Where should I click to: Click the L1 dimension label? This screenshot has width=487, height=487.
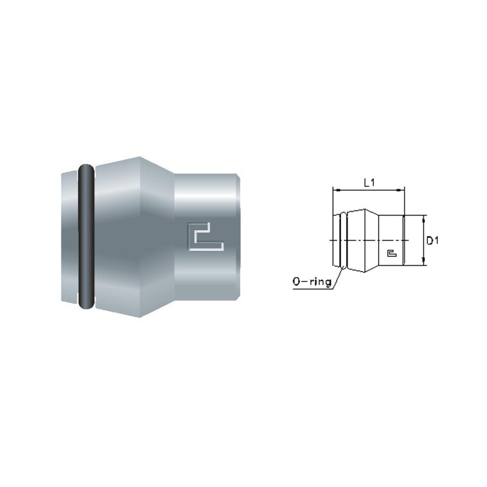(x=370, y=183)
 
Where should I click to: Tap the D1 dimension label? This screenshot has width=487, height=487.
(x=432, y=240)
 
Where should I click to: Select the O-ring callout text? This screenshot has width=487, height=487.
(x=312, y=282)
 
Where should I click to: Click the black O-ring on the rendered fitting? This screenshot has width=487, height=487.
(x=86, y=237)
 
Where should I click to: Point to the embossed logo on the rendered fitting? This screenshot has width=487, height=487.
(x=206, y=236)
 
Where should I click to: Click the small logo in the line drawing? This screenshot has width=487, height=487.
(x=392, y=253)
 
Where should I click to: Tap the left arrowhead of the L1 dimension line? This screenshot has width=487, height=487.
(x=335, y=189)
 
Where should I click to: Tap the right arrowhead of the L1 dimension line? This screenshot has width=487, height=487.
(x=402, y=189)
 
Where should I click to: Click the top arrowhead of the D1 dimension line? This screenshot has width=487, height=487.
(x=423, y=219)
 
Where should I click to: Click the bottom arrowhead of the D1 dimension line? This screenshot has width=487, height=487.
(x=423, y=262)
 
